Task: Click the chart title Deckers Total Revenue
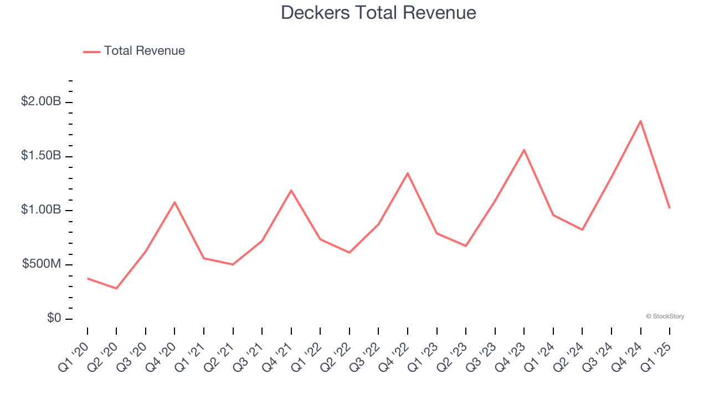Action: point(378,12)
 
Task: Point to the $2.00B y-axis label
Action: point(41,102)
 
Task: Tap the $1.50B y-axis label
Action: point(41,156)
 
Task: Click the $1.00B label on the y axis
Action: point(41,210)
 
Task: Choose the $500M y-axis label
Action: point(42,264)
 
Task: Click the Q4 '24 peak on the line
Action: point(640,121)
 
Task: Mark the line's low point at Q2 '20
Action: point(116,288)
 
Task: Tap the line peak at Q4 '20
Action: point(174,202)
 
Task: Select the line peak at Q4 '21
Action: point(291,190)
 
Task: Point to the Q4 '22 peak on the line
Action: point(408,173)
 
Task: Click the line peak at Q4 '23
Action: point(524,150)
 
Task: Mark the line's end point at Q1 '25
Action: point(669,208)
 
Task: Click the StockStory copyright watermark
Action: point(665,316)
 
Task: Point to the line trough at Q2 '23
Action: point(466,245)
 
